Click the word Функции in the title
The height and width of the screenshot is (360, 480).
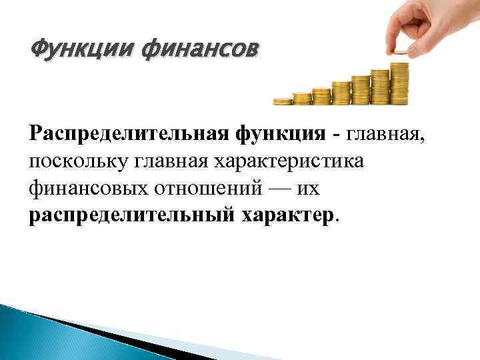pyautogui.click(x=71, y=50)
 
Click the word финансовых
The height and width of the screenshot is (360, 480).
pyautogui.click(x=87, y=189)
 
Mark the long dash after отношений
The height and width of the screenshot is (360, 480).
pyautogui.click(x=279, y=189)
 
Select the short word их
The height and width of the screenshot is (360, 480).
pyautogui.click(x=309, y=189)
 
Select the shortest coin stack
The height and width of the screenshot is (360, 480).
pyautogui.click(x=283, y=101)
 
